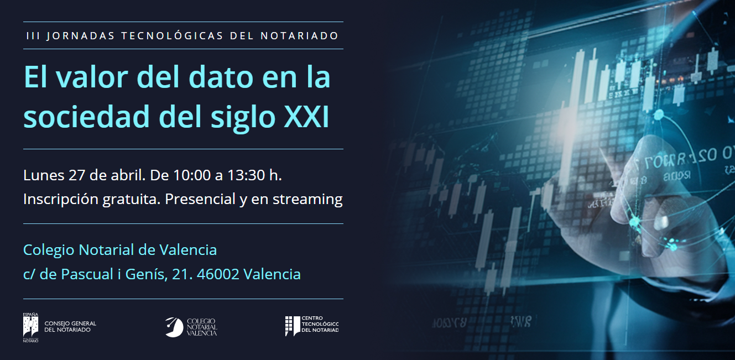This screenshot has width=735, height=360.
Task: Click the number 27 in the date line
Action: point(76,175)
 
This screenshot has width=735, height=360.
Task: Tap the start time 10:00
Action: point(193,175)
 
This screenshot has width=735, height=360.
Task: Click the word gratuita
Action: point(132,199)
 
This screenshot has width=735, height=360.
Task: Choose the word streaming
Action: point(307,200)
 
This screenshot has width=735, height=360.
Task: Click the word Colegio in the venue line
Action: point(49,250)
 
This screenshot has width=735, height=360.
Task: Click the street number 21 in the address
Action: point(179,274)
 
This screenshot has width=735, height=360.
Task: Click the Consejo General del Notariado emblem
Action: point(30,326)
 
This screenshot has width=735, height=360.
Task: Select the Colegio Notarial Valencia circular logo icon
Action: point(174,327)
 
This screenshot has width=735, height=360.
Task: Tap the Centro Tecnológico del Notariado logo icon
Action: point(292,326)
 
